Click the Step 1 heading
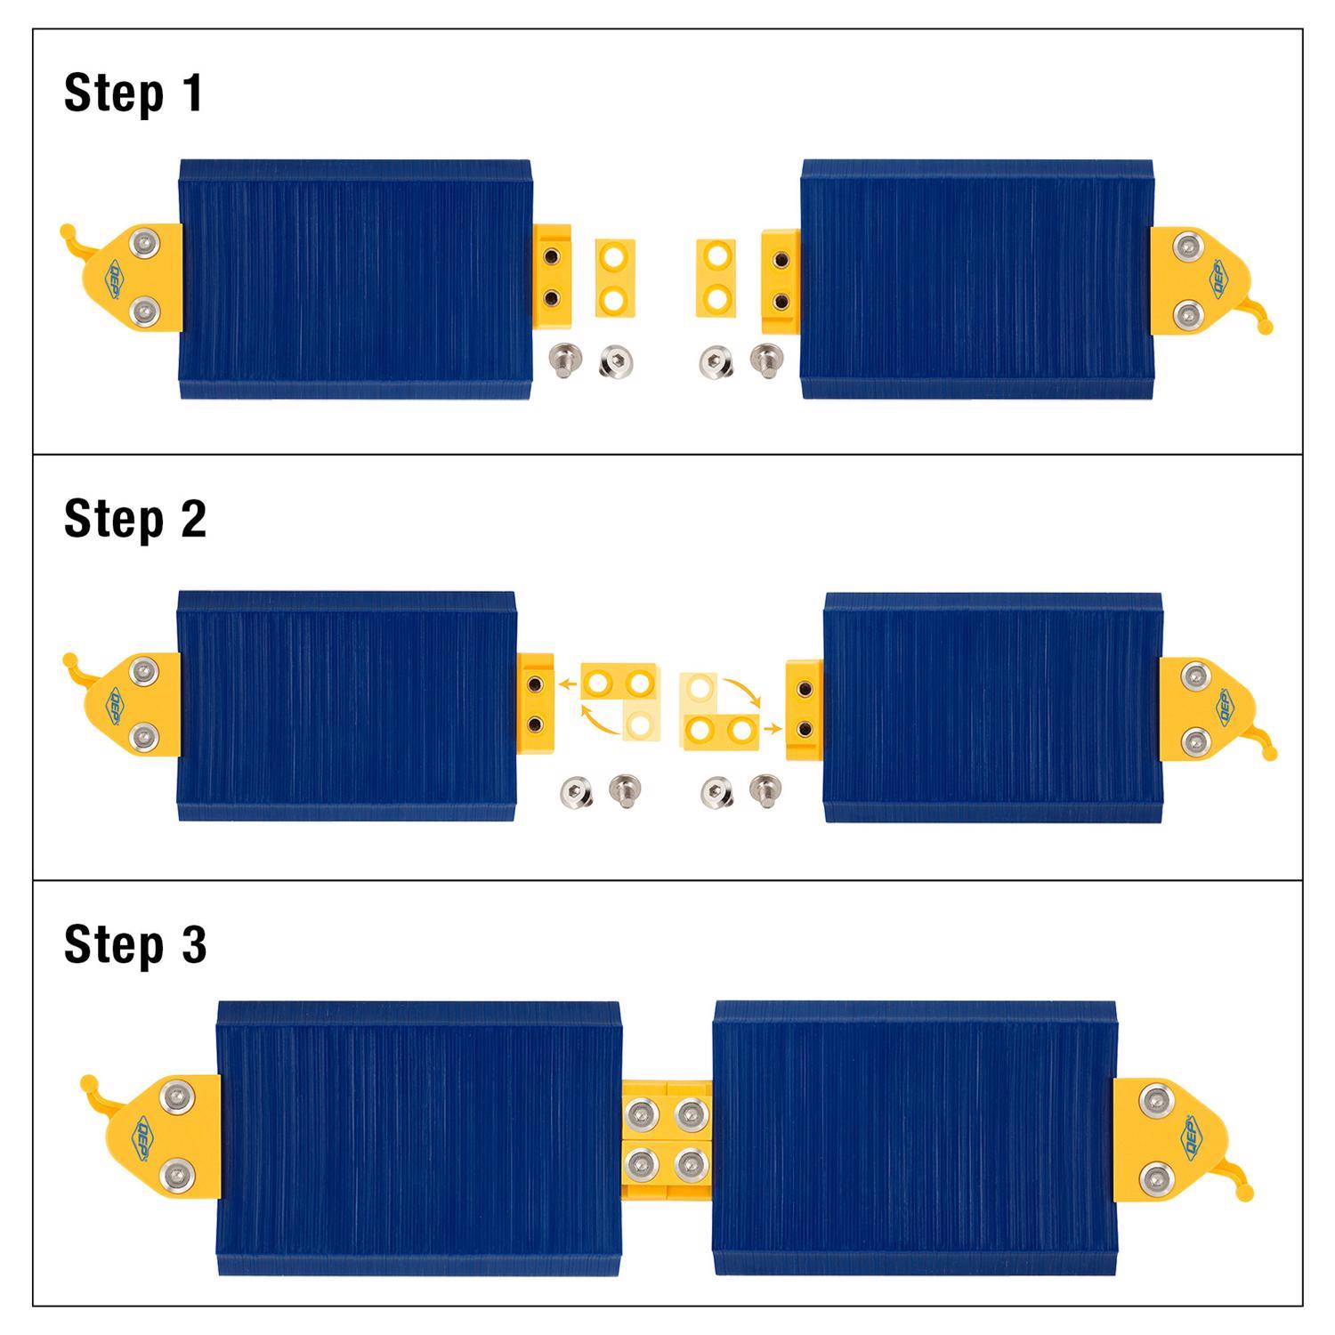(133, 93)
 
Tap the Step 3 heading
(135, 944)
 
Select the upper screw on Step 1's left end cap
(142, 242)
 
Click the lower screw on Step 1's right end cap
(1186, 314)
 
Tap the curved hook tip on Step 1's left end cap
(67, 231)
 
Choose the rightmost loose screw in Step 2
(763, 788)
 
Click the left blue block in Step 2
(346, 705)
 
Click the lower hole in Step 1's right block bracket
(781, 298)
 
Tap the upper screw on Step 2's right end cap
(1196, 679)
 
